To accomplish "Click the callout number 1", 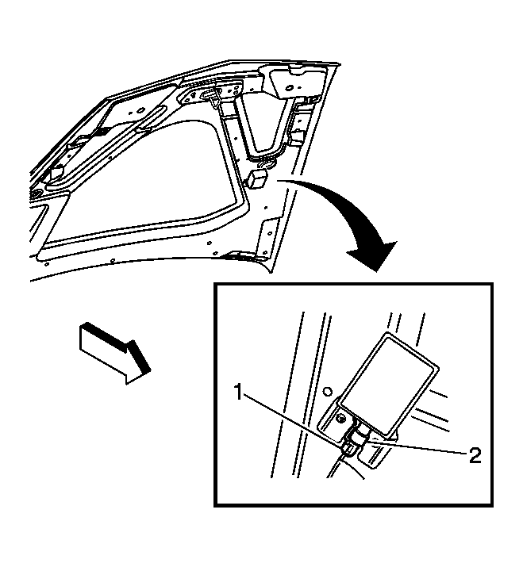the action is (x=238, y=392).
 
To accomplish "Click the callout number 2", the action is (x=475, y=455).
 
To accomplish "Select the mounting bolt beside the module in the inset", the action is (x=340, y=420).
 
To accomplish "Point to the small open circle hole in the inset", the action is (x=327, y=391).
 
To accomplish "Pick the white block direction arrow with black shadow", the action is (x=114, y=353).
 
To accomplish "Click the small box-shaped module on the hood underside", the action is (x=258, y=178).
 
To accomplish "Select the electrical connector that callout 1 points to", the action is (x=348, y=448).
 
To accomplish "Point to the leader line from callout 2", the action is (x=417, y=446).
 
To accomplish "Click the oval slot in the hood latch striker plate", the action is (x=206, y=94).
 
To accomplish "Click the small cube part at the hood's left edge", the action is (x=57, y=173).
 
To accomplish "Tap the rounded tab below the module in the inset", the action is (x=373, y=456).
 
